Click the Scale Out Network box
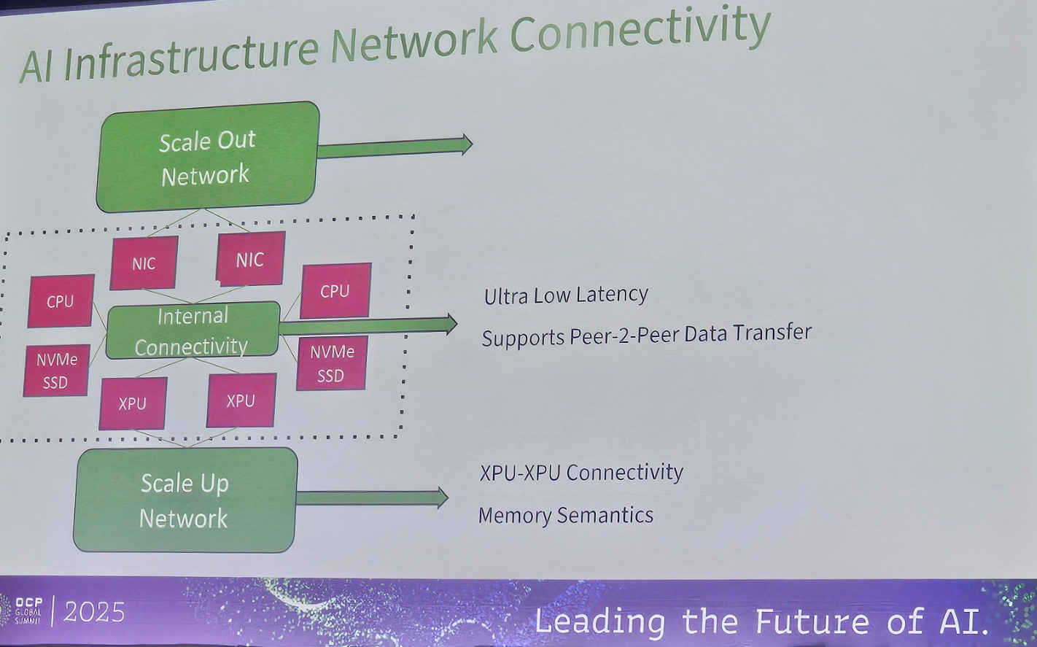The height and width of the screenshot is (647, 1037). [208, 157]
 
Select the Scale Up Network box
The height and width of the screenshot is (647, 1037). [185, 500]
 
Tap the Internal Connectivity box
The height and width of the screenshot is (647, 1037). [193, 330]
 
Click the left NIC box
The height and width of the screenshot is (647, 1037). [144, 263]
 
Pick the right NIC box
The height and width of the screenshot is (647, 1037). [250, 259]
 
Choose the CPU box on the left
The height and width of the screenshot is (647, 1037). [61, 301]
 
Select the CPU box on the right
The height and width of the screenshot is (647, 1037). [335, 290]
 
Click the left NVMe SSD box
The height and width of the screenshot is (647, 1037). [56, 371]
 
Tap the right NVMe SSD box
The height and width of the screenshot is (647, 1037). [332, 363]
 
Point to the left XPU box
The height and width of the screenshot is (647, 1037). [133, 403]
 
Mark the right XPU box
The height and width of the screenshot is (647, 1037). [241, 400]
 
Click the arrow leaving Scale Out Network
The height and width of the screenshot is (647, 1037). [394, 147]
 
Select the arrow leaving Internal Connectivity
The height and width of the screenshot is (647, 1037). [368, 325]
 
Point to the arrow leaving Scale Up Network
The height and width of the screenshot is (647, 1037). [372, 497]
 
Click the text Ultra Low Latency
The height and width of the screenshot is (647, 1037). [566, 295]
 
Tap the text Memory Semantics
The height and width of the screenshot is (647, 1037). [566, 515]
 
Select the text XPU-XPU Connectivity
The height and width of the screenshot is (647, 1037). [581, 472]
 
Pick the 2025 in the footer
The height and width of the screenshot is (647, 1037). [94, 612]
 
